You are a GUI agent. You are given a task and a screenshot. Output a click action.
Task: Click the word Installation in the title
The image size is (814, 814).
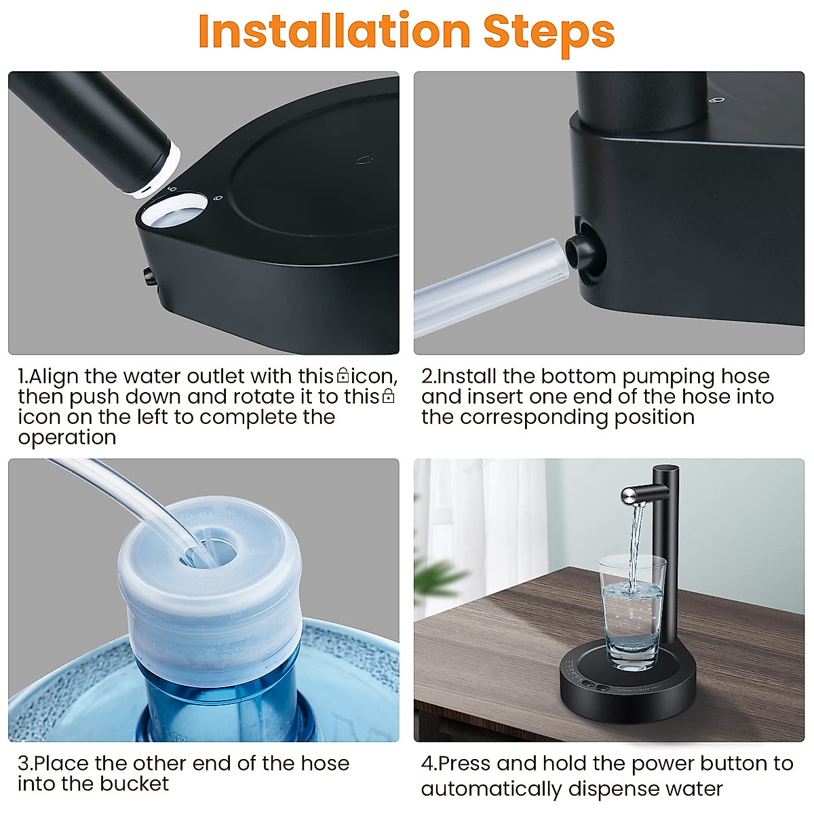(334, 31)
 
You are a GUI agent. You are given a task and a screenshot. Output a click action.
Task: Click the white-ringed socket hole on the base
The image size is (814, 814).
(174, 210)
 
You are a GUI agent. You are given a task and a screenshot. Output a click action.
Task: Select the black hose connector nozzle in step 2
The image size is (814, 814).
(578, 252)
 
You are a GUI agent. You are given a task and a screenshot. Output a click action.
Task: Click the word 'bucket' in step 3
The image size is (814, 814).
(134, 784)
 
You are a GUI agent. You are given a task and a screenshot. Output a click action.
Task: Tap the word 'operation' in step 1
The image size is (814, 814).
(66, 438)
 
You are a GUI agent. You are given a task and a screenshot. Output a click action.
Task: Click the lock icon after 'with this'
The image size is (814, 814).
(343, 375)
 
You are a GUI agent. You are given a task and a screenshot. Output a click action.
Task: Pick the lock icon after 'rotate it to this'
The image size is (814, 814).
(388, 395)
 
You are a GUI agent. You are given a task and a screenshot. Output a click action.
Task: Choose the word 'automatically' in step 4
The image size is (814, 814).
(491, 789)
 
